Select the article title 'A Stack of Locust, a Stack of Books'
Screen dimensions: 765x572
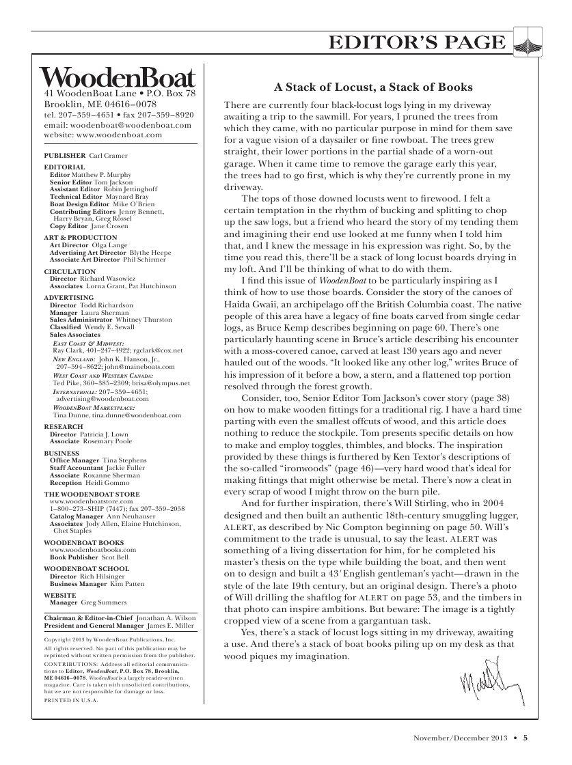click(373, 87)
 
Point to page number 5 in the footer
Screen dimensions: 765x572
click(526, 737)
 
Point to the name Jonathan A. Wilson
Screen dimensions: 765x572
click(170, 616)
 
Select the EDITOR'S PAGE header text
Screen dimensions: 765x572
click(418, 43)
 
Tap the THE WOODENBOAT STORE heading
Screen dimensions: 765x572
click(92, 494)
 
